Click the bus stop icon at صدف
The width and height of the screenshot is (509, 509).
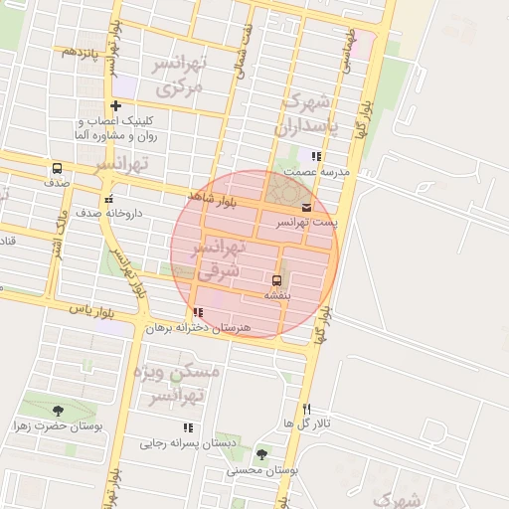click(x=57, y=168)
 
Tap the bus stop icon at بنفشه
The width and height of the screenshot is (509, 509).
click(x=276, y=279)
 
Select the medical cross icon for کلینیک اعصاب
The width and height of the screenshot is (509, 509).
click(x=116, y=105)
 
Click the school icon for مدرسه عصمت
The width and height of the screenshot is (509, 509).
click(x=316, y=156)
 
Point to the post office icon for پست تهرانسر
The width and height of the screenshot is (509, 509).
click(x=305, y=207)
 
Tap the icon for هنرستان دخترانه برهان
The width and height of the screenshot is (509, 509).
click(x=198, y=312)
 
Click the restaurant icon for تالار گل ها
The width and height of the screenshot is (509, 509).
click(x=306, y=409)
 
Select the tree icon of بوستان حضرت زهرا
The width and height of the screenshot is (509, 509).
click(x=57, y=410)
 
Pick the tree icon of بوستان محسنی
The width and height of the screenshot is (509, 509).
click(x=261, y=453)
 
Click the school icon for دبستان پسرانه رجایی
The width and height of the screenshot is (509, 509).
click(x=188, y=427)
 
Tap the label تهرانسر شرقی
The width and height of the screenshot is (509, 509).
click(x=216, y=256)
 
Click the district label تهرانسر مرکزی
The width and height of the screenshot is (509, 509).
click(x=180, y=76)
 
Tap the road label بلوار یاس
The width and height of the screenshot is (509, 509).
click(x=86, y=310)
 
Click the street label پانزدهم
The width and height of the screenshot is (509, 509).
click(x=81, y=51)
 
